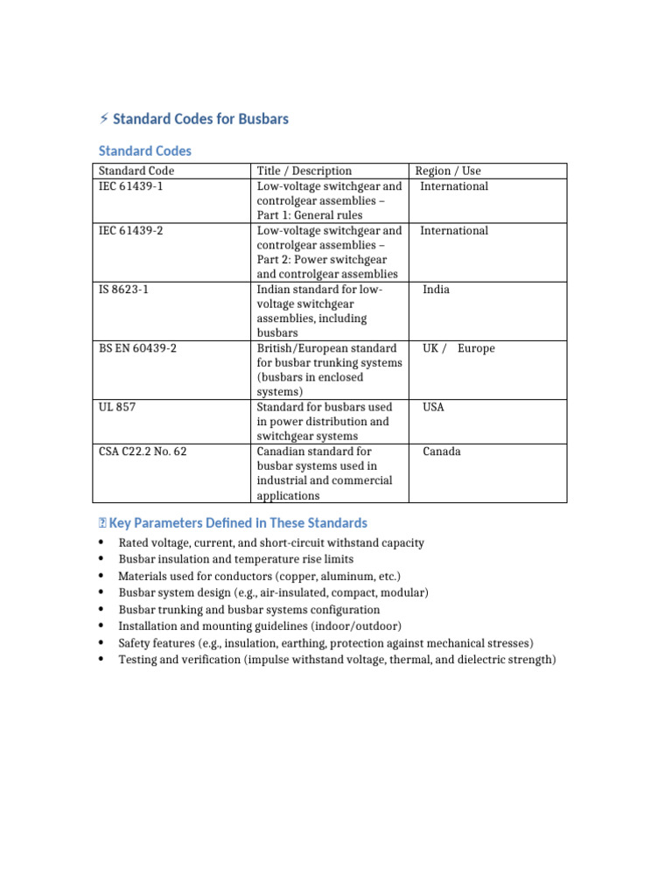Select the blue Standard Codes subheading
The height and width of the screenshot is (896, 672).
(144, 150)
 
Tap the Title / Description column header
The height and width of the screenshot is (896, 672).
(304, 171)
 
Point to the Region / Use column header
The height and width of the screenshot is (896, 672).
(447, 171)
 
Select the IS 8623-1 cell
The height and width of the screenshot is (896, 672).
(123, 290)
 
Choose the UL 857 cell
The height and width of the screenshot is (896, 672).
(117, 407)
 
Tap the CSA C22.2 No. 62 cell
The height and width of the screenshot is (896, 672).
(143, 451)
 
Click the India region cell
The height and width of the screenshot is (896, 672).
(436, 290)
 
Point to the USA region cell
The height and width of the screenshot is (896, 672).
(433, 407)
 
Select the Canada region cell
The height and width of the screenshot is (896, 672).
(441, 451)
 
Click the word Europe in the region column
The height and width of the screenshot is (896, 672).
(476, 348)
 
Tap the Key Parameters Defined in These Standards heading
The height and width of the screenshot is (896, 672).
(238, 523)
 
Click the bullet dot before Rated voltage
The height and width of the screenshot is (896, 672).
(101, 543)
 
